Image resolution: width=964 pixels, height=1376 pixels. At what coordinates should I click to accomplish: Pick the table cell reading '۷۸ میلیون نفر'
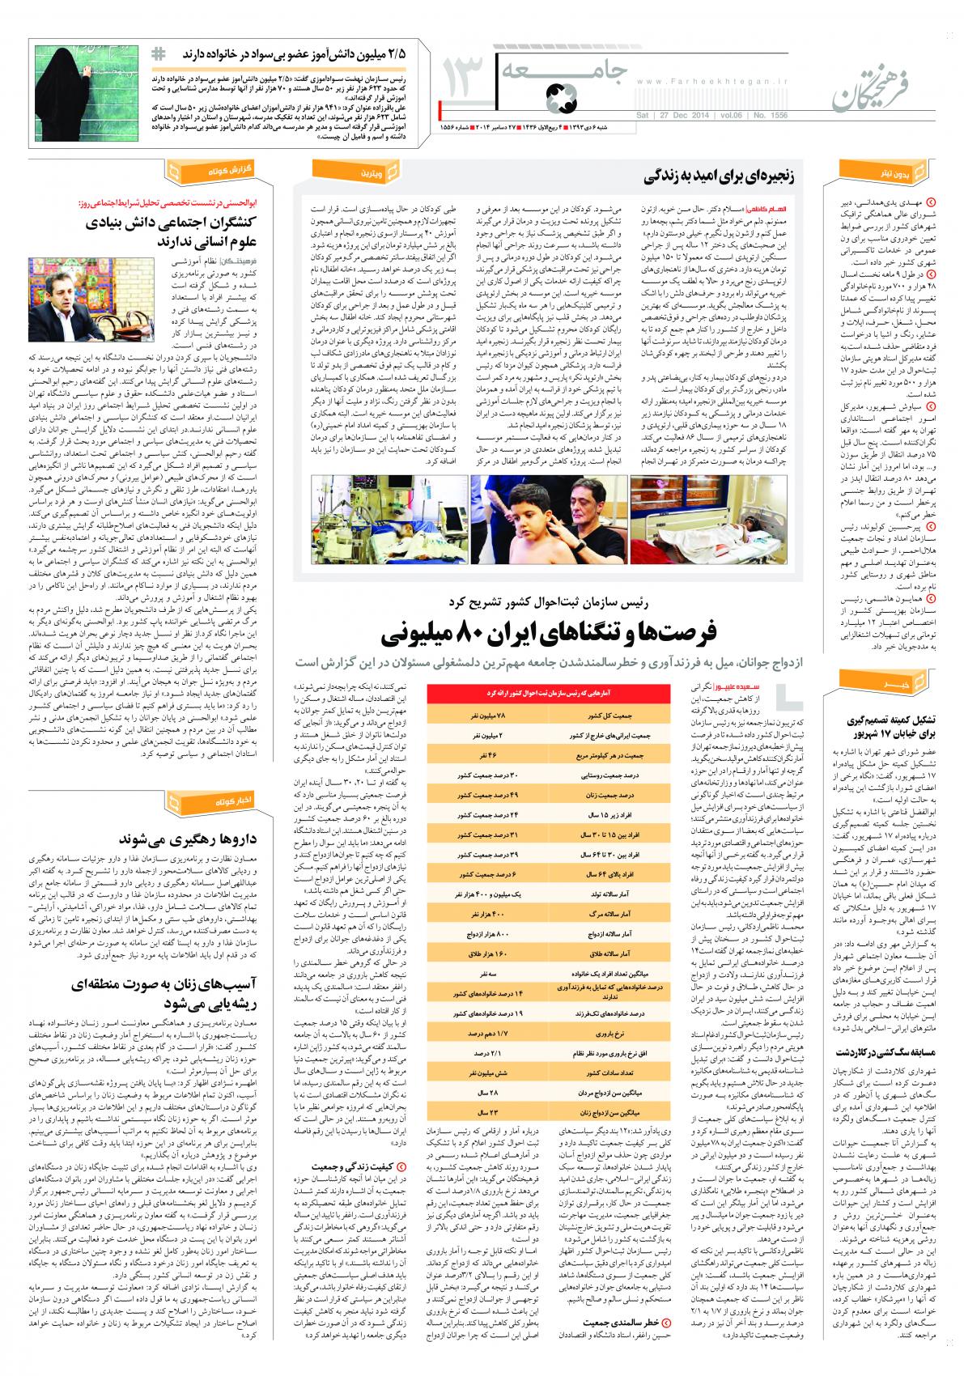486,717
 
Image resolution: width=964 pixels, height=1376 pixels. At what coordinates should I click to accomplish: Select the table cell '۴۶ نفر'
486,754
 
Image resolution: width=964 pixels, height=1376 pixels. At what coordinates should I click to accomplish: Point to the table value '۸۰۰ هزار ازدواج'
486,912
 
